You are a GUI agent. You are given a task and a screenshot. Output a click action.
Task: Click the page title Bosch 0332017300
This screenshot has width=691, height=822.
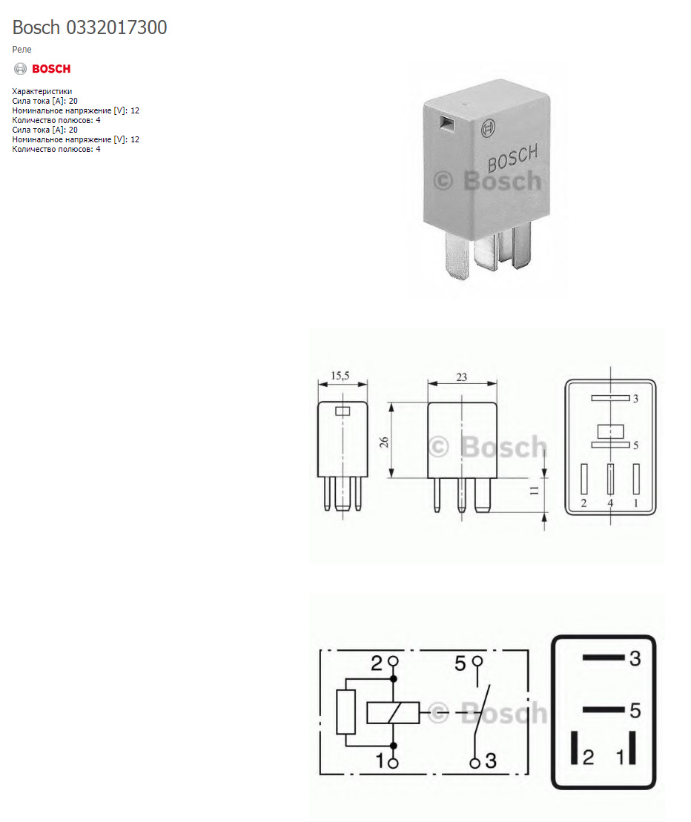pyautogui.click(x=90, y=28)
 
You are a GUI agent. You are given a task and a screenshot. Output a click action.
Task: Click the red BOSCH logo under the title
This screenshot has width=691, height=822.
pyautogui.click(x=43, y=69)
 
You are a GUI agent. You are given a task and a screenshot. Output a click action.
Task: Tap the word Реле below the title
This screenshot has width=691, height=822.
pyautogui.click(x=22, y=50)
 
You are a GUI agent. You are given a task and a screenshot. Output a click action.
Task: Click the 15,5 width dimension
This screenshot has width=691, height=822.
pyautogui.click(x=341, y=377)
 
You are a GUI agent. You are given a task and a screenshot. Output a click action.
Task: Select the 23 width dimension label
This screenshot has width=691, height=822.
pyautogui.click(x=462, y=377)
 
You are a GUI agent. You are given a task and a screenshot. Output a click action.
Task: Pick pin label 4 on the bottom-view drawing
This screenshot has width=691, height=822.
pyautogui.click(x=610, y=503)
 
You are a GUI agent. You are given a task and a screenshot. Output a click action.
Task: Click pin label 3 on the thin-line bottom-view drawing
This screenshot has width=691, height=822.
pyautogui.click(x=635, y=399)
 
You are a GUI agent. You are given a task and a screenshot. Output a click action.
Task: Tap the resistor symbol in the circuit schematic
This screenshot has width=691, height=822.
pyautogui.click(x=346, y=712)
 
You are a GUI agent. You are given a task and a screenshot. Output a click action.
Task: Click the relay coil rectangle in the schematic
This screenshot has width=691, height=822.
pyautogui.click(x=393, y=713)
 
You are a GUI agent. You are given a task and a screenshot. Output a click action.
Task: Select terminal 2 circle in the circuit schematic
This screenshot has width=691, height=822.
pyautogui.click(x=394, y=660)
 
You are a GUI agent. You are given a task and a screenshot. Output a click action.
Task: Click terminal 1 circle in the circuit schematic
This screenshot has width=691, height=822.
pyautogui.click(x=394, y=762)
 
